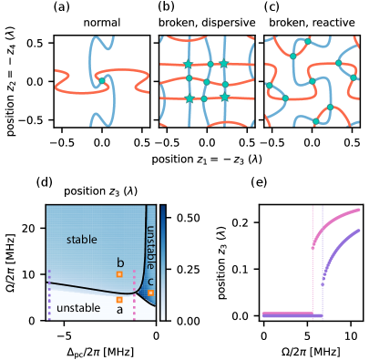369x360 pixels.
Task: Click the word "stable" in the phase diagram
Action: pyautogui.click(x=81, y=239)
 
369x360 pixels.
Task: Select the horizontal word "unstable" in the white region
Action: pyautogui.click(x=78, y=308)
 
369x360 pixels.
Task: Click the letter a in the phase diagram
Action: pyautogui.click(x=118, y=310)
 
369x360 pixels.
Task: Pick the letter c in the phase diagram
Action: pyautogui.click(x=150, y=282)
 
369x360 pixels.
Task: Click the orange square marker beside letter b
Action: pyautogui.click(x=118, y=273)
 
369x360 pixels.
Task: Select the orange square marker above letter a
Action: pyautogui.click(x=118, y=299)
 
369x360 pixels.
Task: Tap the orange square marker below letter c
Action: pyautogui.click(x=150, y=293)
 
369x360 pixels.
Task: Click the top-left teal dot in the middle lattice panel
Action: pyautogui.click(x=190, y=64)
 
